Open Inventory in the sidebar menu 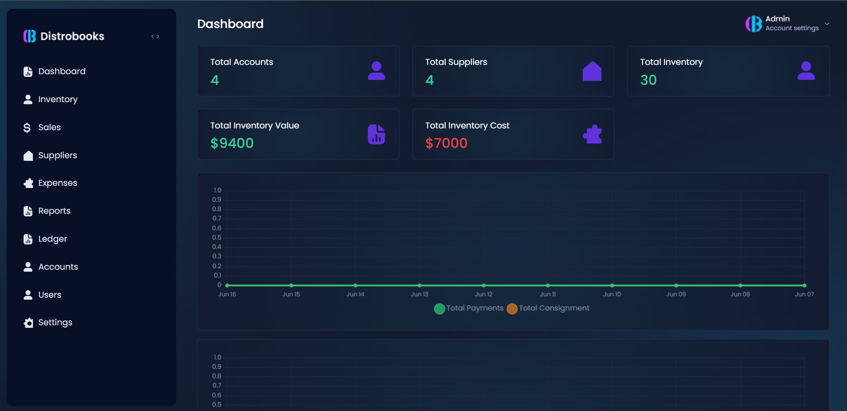coord(57,100)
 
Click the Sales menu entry coord(49,128)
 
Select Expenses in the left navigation coord(57,183)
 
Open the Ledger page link coord(52,239)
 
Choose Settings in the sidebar coord(55,323)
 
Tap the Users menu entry coord(49,295)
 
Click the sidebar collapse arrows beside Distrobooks coord(155,36)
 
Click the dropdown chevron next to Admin coord(827,24)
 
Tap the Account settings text coord(792,28)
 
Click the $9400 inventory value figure coord(232,143)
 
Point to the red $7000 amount coord(446,143)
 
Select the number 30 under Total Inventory coord(648,80)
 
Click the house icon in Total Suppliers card coord(592,71)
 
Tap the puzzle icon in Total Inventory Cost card coord(592,134)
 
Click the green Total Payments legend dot coord(440,309)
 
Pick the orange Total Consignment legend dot coord(512,309)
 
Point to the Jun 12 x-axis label coord(484,294)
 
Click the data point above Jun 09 coord(676,285)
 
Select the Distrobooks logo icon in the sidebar coord(30,36)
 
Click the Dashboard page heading coord(230,24)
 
